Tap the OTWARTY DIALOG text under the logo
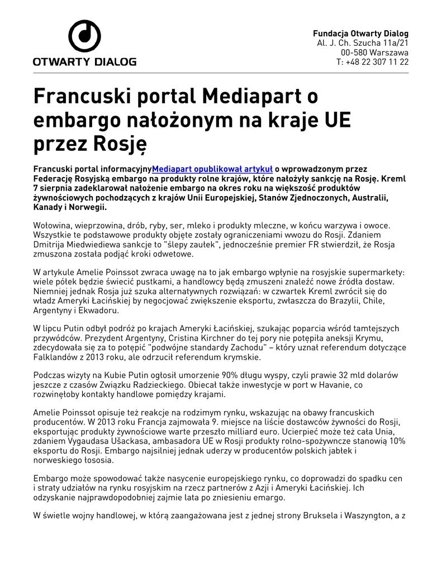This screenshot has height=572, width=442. point(84,61)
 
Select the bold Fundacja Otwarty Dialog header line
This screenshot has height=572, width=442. point(360,33)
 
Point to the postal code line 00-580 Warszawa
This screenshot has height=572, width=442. point(374,52)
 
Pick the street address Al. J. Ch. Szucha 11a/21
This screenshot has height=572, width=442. point(363,42)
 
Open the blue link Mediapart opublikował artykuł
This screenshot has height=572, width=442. point(212,169)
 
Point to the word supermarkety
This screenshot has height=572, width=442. point(376,273)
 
